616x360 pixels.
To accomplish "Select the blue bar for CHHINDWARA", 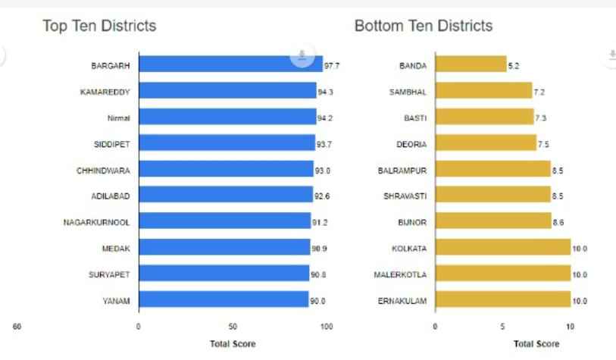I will [226, 171].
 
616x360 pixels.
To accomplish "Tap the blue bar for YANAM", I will [223, 301].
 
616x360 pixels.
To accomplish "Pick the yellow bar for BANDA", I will [470, 65].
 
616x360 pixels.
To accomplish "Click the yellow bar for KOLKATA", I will [502, 249].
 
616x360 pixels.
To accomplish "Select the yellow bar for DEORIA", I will [485, 144].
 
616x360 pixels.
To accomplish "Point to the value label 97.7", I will [332, 66].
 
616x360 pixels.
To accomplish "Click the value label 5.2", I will [514, 66].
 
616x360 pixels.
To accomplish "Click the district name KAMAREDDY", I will [105, 92].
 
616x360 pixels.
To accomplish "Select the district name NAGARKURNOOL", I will [97, 223].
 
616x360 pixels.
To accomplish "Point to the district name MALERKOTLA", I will [400, 275].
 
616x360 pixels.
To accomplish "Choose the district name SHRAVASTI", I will [405, 196].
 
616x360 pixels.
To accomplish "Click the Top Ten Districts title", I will [99, 26].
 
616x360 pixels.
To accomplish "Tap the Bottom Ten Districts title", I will [424, 26].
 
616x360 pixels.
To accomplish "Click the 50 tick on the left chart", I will [233, 327].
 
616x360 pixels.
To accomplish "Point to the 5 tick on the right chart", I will [502, 327].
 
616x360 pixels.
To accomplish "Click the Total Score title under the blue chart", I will [233, 344].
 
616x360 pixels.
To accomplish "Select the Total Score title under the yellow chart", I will [536, 344].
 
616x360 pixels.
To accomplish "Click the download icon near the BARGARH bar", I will [302, 54].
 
